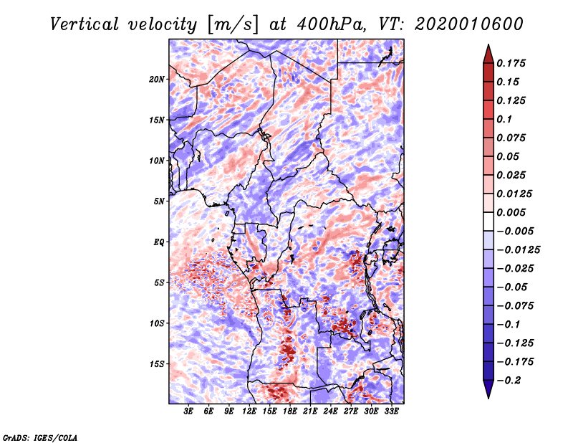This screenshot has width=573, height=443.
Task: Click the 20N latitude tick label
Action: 157,79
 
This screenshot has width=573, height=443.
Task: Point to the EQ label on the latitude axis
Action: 159,242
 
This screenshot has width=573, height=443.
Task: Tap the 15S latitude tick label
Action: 157,364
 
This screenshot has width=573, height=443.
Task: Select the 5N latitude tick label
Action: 159,201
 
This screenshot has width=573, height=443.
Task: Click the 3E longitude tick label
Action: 188,411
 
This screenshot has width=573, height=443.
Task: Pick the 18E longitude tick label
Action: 290,411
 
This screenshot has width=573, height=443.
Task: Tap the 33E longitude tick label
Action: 391,411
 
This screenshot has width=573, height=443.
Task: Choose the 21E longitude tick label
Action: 310,411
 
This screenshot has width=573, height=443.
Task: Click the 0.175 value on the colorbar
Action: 511,63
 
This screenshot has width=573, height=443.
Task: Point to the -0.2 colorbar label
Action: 509,381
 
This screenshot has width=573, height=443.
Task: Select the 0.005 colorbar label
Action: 511,212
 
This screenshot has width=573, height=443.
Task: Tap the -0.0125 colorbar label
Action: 518,250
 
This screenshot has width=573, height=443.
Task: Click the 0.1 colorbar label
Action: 504,119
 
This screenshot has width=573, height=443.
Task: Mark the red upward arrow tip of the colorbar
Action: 488,45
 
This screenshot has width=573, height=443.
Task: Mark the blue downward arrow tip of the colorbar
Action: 488,398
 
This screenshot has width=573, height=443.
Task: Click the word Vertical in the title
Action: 85,24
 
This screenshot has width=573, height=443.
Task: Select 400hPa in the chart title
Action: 332,24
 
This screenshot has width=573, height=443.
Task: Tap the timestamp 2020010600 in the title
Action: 469,24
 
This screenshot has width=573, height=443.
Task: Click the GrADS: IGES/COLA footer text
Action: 40,437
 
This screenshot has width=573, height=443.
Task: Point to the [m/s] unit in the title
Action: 233,25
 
